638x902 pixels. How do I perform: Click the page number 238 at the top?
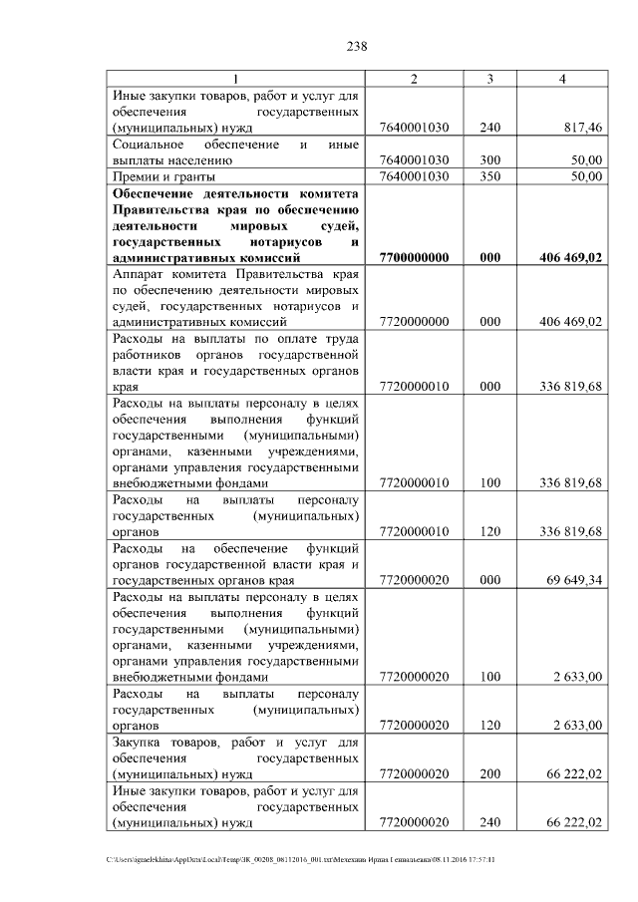(x=358, y=46)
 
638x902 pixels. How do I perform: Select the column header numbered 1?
(x=235, y=79)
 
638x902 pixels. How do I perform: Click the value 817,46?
(x=581, y=129)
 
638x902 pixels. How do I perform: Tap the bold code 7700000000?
(x=415, y=257)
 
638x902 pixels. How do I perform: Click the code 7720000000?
(x=415, y=322)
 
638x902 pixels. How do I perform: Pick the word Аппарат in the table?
(x=142, y=274)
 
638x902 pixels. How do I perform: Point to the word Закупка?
(x=143, y=742)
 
